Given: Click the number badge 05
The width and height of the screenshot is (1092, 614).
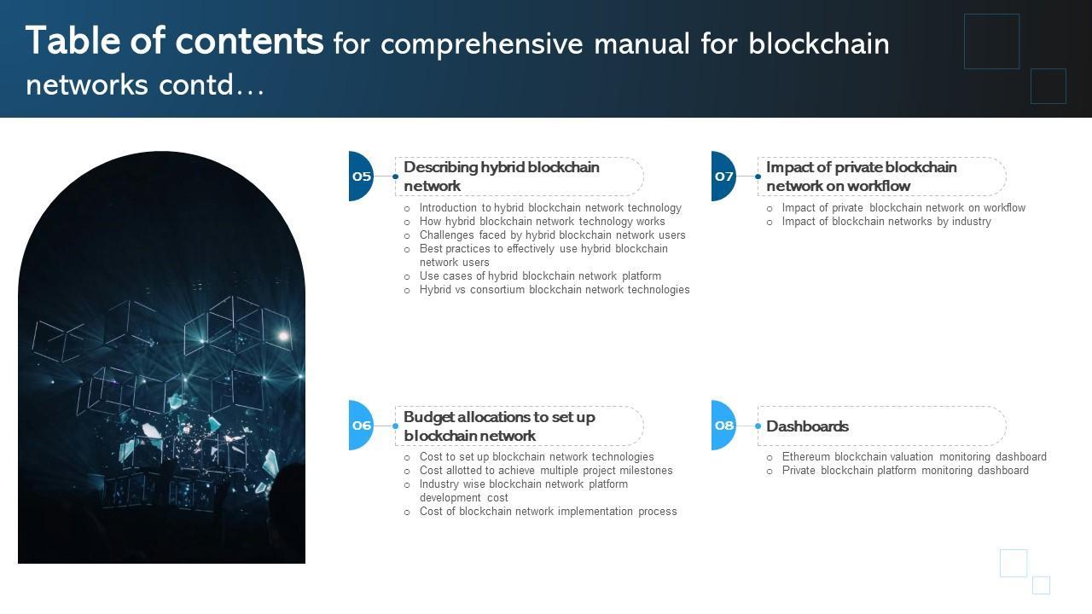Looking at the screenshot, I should click(x=362, y=177).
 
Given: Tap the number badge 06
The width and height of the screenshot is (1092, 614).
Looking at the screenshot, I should click(x=362, y=426).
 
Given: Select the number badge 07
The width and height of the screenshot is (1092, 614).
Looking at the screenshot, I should click(x=724, y=177).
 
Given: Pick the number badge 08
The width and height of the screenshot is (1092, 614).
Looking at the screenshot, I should click(x=724, y=426).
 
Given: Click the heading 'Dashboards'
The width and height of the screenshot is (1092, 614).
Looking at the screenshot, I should click(x=807, y=426).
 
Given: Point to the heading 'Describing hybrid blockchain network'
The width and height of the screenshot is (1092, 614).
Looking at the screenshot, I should click(x=502, y=177).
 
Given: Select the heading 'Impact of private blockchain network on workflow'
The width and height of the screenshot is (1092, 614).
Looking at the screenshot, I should click(x=861, y=177).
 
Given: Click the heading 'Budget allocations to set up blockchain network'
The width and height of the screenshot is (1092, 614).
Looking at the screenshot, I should click(x=499, y=426).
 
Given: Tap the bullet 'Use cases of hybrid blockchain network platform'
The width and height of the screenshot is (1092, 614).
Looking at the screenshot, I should click(x=540, y=276).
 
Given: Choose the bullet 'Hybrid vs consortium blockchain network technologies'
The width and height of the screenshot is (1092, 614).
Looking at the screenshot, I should click(x=555, y=290).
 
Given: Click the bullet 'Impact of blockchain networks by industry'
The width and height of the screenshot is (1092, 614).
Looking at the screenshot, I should click(x=886, y=222).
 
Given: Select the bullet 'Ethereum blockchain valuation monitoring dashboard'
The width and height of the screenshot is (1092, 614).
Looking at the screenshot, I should click(x=914, y=457).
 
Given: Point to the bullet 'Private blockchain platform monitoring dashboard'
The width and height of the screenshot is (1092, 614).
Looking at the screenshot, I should click(x=905, y=471).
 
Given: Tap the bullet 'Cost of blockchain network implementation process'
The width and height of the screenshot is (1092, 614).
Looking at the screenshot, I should click(x=548, y=512).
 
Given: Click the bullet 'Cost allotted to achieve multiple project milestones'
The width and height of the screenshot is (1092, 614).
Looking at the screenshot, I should click(x=546, y=471).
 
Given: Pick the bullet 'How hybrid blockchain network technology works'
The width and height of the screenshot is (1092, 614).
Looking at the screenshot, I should click(x=542, y=222).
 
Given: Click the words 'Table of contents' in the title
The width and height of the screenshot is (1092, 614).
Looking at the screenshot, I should click(x=175, y=41).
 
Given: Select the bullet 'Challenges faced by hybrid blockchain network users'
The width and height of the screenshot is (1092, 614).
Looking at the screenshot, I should click(x=552, y=235).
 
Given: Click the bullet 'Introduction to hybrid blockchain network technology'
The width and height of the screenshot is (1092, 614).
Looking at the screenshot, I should click(x=550, y=208).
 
